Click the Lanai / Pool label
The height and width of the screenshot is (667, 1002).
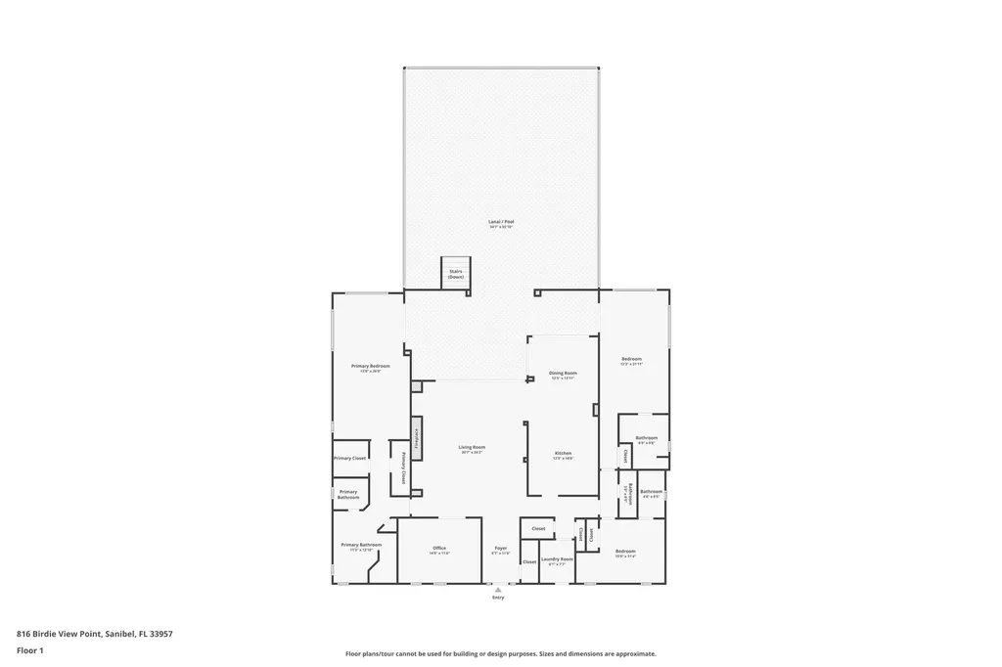click(x=501, y=224)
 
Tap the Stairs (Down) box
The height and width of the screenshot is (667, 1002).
click(x=456, y=274)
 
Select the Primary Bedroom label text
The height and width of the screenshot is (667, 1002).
click(x=364, y=368)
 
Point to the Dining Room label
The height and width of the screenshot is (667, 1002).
click(x=563, y=375)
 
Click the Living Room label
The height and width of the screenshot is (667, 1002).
click(x=473, y=449)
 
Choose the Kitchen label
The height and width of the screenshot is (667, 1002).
click(x=564, y=455)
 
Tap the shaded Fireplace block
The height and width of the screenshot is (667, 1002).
click(x=417, y=439)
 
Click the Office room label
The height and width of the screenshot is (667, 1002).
click(x=438, y=550)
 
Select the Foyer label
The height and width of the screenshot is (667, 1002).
click(x=501, y=550)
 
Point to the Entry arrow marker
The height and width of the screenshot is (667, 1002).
click(x=499, y=590)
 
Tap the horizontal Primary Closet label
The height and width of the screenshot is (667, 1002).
click(x=349, y=458)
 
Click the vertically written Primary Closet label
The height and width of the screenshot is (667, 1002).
click(x=403, y=467)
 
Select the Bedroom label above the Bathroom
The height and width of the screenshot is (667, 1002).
click(x=631, y=361)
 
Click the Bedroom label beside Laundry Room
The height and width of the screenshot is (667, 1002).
click(x=626, y=554)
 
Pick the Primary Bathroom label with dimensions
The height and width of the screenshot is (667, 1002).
click(x=361, y=546)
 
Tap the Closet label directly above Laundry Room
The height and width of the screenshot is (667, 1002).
click(x=538, y=528)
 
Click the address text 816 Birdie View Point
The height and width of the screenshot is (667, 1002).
click(x=95, y=633)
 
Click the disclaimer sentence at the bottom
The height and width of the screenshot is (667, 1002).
click(x=500, y=653)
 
